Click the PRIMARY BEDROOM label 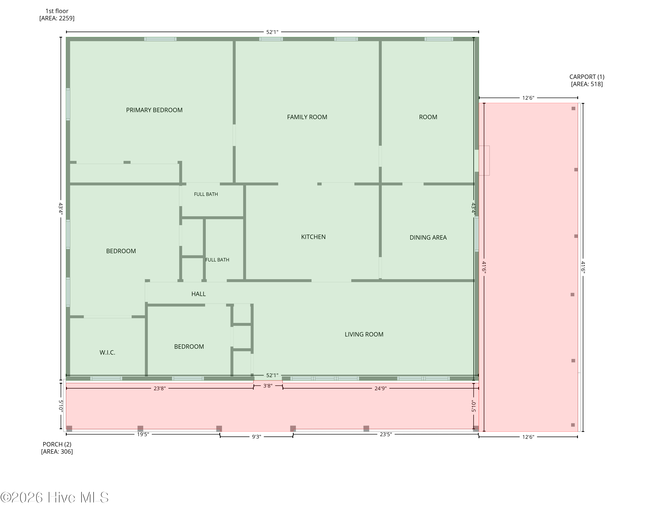(x=154, y=110)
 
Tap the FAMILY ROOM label (x=307, y=117)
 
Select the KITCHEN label (x=313, y=237)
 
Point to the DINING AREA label (x=428, y=237)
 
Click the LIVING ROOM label (x=364, y=334)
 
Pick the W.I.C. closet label (x=107, y=352)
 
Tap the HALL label (x=198, y=294)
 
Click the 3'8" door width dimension (x=268, y=386)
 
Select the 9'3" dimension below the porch (x=256, y=437)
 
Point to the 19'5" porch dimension (x=143, y=434)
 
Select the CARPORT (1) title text (x=587, y=77)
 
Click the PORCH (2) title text (x=57, y=444)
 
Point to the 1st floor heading (x=57, y=11)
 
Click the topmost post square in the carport (x=573, y=108)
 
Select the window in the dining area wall (x=477, y=234)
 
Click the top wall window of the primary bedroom (x=160, y=39)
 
